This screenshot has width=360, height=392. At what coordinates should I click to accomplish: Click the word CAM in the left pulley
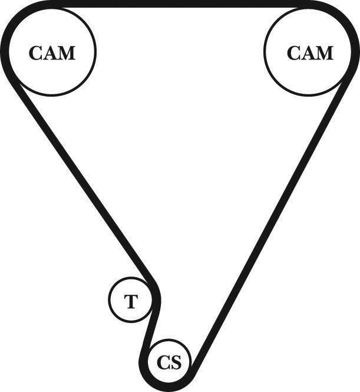[x=52, y=53]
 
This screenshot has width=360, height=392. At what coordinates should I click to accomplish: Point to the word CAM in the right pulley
[x=310, y=53]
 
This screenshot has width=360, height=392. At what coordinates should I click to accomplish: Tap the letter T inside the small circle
[x=131, y=302]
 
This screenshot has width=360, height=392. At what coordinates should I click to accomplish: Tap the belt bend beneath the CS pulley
[x=165, y=386]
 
